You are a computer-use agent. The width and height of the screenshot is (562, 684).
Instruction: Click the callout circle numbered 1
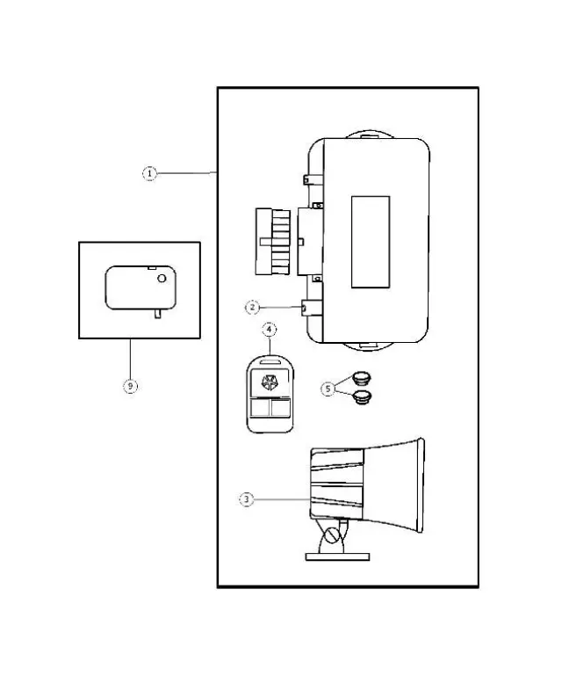[x=150, y=174]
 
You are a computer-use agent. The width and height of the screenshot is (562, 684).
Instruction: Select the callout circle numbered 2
[x=252, y=307]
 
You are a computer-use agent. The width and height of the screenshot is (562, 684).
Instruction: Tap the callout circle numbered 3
[x=248, y=499]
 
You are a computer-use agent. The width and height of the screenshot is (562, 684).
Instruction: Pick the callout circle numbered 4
[x=270, y=331]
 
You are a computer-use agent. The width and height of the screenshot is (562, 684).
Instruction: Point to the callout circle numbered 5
[x=328, y=388]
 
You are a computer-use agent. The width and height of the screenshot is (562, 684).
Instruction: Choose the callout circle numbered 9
[x=130, y=386]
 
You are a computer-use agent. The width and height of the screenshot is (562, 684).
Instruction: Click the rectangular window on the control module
[x=370, y=241]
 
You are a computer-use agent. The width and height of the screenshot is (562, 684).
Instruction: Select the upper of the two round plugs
[x=360, y=379]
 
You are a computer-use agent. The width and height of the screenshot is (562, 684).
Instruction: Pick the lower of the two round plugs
[x=360, y=398]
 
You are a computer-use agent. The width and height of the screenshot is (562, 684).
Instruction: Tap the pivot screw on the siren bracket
[x=332, y=535]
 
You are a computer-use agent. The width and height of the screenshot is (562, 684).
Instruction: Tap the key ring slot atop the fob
[x=269, y=361]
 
